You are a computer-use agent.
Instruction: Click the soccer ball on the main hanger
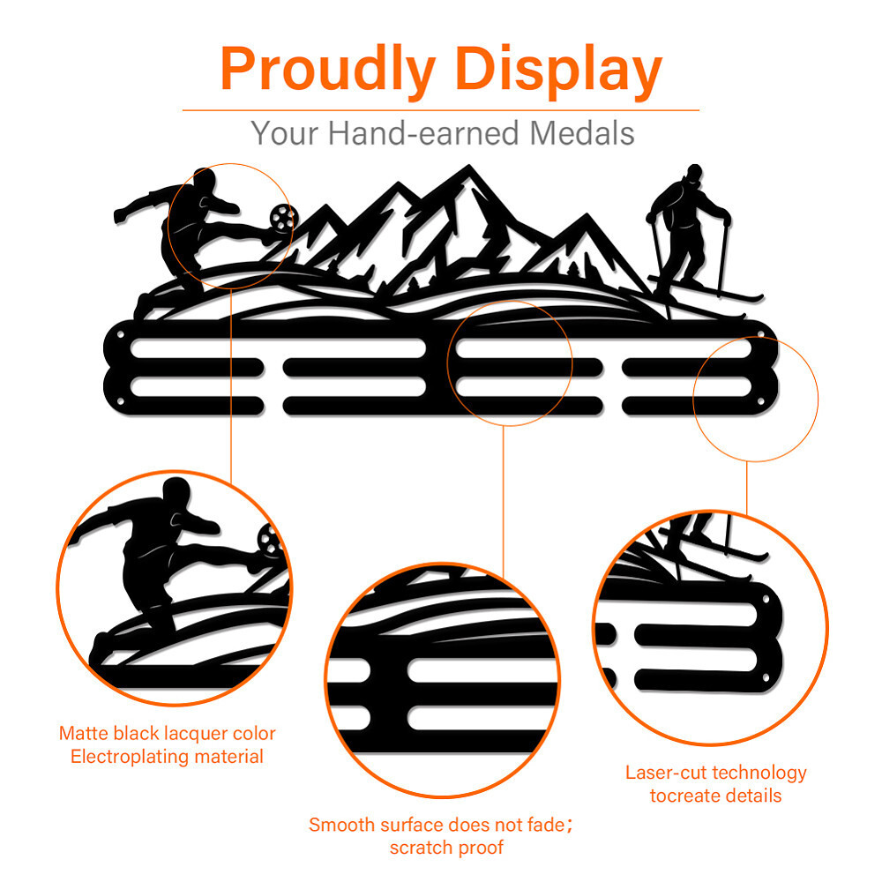[x=281, y=217]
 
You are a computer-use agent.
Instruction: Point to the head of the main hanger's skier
[x=694, y=173]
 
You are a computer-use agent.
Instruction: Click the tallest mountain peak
[x=468, y=171]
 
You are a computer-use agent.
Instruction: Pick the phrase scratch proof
[x=446, y=848]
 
